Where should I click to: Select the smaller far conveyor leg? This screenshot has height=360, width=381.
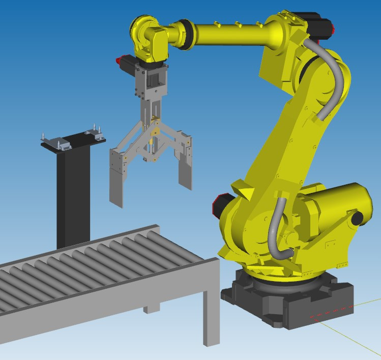[152, 308]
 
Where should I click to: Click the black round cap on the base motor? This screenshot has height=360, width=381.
[357, 217]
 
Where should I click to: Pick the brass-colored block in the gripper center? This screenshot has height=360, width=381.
[154, 133]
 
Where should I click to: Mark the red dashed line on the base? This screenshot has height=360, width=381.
[331, 312]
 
